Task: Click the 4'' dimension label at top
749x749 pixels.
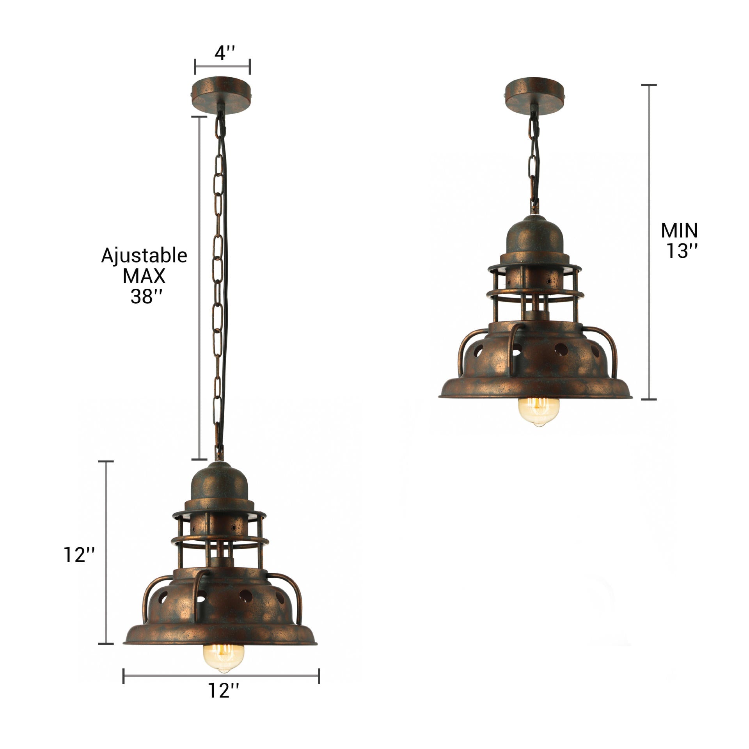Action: click(224, 53)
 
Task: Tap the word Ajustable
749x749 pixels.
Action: click(144, 256)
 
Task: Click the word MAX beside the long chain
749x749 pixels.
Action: click(144, 276)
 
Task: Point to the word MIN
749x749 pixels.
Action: click(679, 231)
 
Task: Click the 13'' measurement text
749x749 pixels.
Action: click(681, 251)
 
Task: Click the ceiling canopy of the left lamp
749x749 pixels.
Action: click(222, 95)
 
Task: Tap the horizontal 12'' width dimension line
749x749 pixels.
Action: click(221, 676)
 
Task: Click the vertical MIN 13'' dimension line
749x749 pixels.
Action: click(649, 242)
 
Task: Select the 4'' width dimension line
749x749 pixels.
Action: click(222, 67)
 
